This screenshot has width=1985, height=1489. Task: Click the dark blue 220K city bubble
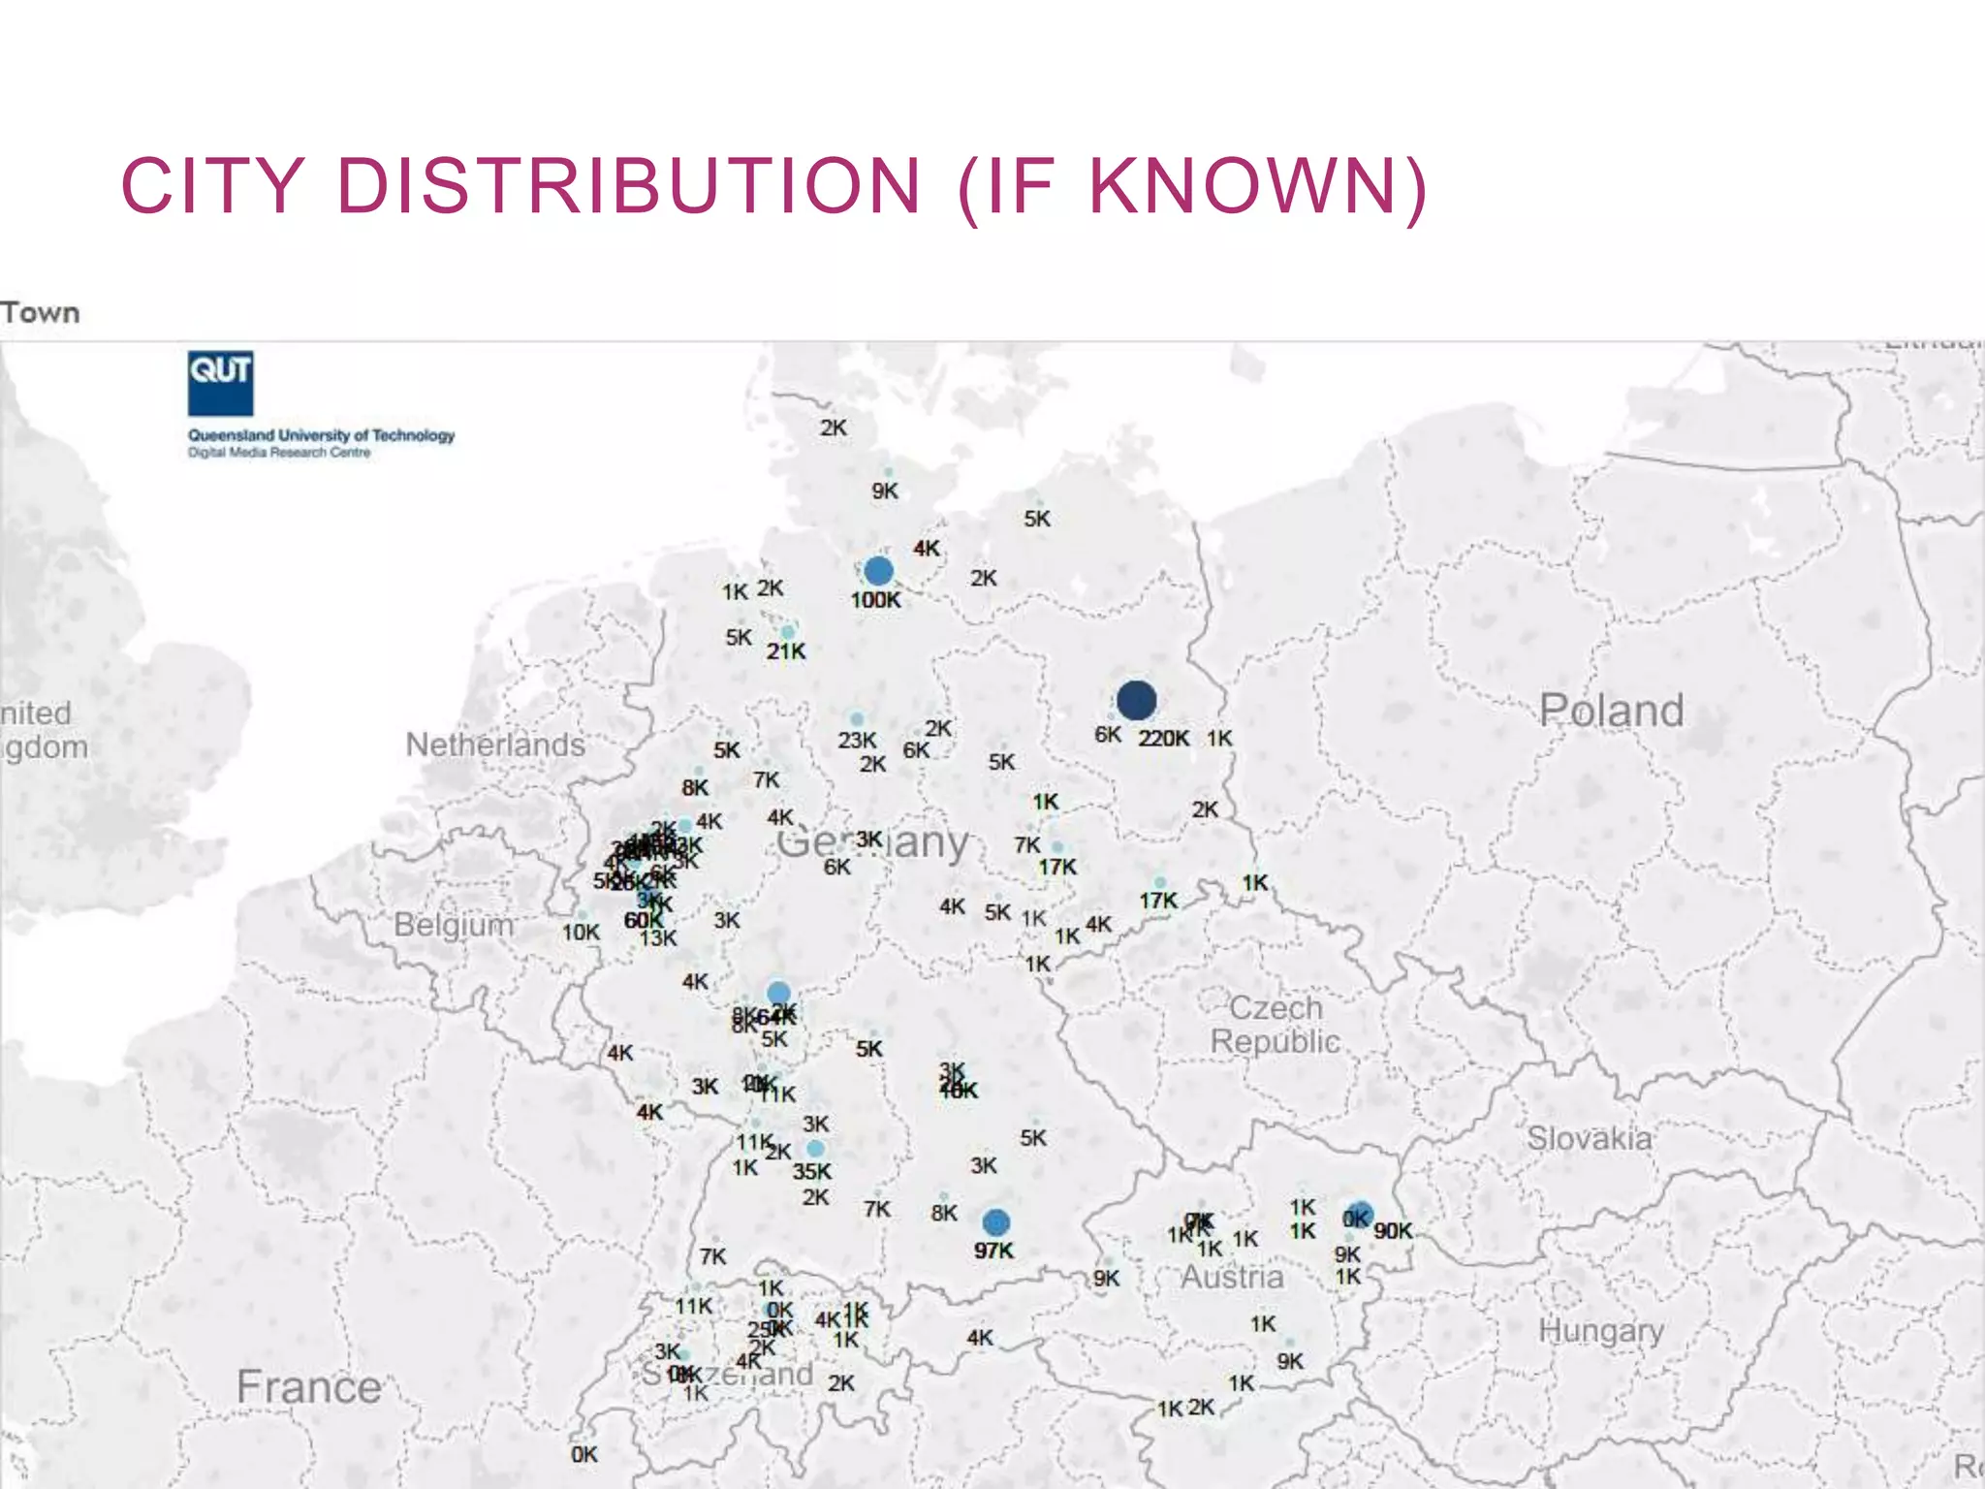coord(1136,699)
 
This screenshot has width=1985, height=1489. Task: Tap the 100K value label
coord(875,600)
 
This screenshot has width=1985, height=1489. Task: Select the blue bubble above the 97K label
coord(995,1222)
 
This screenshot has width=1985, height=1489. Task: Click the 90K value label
coord(1393,1230)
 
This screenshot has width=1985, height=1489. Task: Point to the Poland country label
coord(1611,711)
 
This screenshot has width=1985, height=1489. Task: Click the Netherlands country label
coord(495,744)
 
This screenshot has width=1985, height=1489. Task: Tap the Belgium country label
coord(454,925)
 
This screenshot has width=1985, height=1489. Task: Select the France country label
coord(309,1386)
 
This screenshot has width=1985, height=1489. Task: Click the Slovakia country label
coord(1590,1137)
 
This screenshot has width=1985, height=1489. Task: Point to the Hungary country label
coord(1601,1331)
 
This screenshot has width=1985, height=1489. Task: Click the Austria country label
coord(1232,1277)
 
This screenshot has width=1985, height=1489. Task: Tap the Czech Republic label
coord(1275,1025)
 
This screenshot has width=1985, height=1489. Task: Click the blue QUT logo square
coord(220,383)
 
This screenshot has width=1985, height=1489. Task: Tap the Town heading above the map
coord(40,313)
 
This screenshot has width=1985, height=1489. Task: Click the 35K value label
coord(811,1171)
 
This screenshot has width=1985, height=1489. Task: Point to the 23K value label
coord(857,741)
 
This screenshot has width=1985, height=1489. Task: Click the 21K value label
coord(785,651)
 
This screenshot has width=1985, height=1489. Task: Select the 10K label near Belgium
coord(581,932)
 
